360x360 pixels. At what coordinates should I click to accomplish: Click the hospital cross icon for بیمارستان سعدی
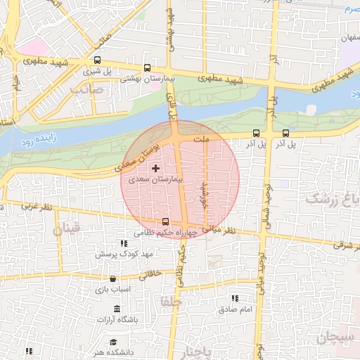pyautogui.click(x=155, y=169)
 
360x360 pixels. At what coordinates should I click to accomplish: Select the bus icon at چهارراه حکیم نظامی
pyautogui.click(x=165, y=221)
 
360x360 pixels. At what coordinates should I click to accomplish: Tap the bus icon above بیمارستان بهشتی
pyautogui.click(x=146, y=68)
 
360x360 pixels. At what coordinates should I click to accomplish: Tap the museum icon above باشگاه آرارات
pyautogui.click(x=116, y=309)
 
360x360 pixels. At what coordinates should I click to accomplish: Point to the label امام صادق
pyautogui.click(x=235, y=309)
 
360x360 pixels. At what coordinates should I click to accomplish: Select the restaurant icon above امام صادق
pyautogui.click(x=235, y=299)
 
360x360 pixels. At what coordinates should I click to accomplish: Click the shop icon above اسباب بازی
pyautogui.click(x=112, y=279)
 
